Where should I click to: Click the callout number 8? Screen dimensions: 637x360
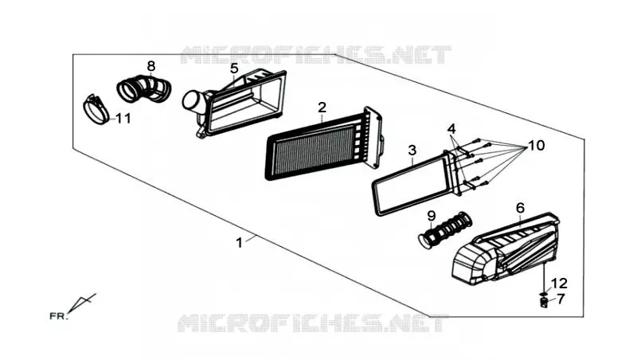coord(151,66)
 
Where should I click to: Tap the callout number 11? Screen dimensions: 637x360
coord(123,119)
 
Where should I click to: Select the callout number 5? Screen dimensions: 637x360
coord(234,68)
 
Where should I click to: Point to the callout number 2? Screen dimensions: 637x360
coord(322,108)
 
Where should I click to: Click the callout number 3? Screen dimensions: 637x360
coord(412,151)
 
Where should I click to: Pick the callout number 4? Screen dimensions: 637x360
coord(451,129)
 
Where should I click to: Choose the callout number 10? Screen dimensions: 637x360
coord(537,145)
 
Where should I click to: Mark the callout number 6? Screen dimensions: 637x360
coord(521,208)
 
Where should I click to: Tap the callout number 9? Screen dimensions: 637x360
coord(432,216)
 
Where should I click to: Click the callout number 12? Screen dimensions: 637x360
coord(560,283)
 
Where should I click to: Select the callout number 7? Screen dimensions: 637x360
coord(561,299)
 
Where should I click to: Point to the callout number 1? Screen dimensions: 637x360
coord(240,243)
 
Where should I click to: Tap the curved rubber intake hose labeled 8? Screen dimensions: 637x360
coord(144,88)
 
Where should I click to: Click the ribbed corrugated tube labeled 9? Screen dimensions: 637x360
coord(446,229)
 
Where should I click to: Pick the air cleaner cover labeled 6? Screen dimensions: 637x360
coord(506,248)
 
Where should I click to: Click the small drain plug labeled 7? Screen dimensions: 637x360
coord(543,303)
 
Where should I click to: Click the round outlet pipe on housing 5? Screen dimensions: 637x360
coord(193,102)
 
